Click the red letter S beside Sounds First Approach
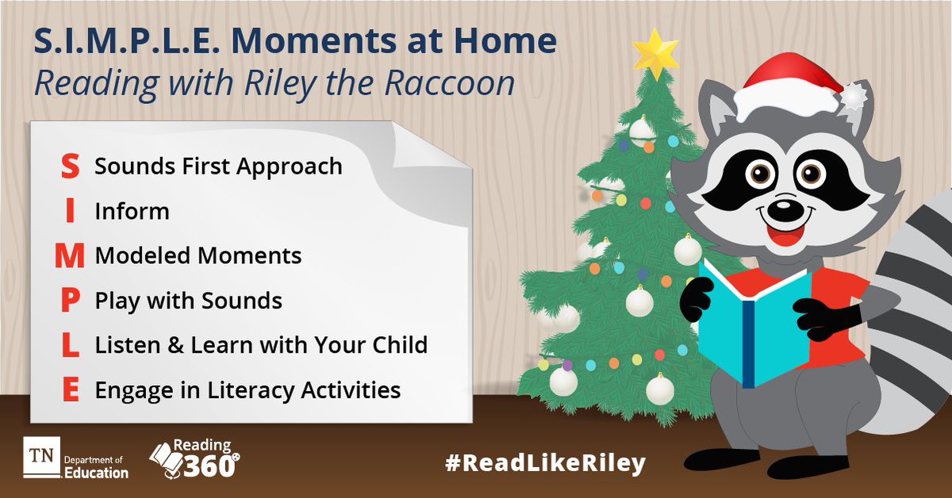(70, 166)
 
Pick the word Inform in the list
(132, 211)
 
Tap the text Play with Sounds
(188, 301)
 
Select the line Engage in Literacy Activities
(247, 390)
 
